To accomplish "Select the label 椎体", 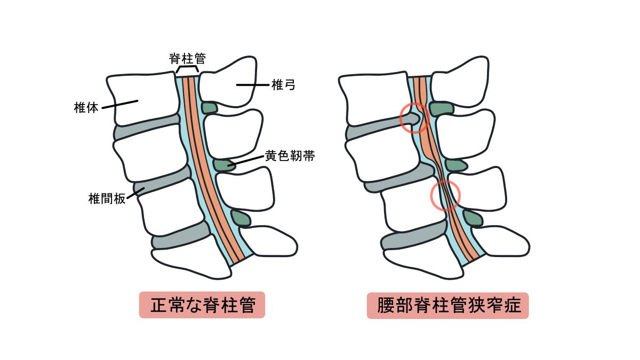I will (x=86, y=108).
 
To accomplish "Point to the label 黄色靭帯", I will (x=290, y=156).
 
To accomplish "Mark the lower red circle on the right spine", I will (x=445, y=195).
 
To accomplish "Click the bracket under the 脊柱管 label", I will (x=187, y=69).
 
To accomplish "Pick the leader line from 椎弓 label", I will (x=253, y=85).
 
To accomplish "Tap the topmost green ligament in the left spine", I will (x=210, y=108).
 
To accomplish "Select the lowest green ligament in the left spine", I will (x=241, y=218).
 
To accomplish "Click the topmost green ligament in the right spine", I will (x=441, y=109).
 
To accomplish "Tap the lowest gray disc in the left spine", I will (x=179, y=235).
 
